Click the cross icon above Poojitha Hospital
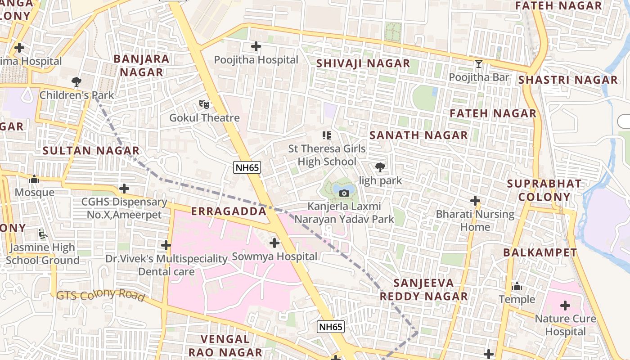pyautogui.click(x=256, y=46)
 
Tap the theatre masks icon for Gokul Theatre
pyautogui.click(x=204, y=104)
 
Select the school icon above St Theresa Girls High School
pyautogui.click(x=327, y=135)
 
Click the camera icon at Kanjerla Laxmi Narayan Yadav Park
pyautogui.click(x=344, y=193)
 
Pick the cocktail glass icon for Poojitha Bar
pyautogui.click(x=479, y=64)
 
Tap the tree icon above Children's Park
pyautogui.click(x=76, y=82)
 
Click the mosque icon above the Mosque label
pyautogui.click(x=34, y=179)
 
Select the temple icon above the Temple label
pyautogui.click(x=517, y=286)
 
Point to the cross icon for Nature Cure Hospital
pyautogui.click(x=565, y=306)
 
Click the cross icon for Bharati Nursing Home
pyautogui.click(x=475, y=201)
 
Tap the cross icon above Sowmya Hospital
pyautogui.click(x=274, y=243)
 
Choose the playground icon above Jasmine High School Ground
pyautogui.click(x=42, y=234)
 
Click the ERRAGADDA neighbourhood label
pyautogui.click(x=229, y=211)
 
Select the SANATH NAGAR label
pyautogui.click(x=418, y=135)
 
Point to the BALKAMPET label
pyautogui.click(x=540, y=252)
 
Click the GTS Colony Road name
pyautogui.click(x=100, y=295)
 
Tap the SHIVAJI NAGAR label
pyautogui.click(x=363, y=63)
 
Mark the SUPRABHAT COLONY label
pyautogui.click(x=544, y=190)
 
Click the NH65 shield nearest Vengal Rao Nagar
pyautogui.click(x=331, y=327)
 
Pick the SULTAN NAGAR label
pyautogui.click(x=91, y=151)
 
